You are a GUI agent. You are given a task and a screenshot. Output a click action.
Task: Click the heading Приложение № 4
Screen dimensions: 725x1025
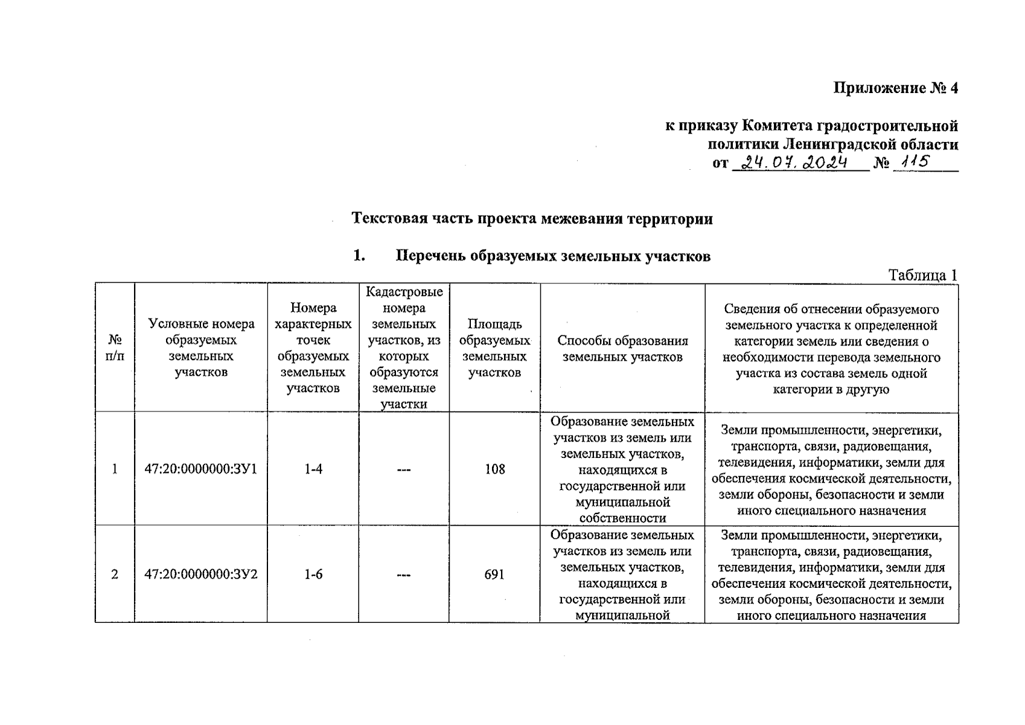click(x=895, y=88)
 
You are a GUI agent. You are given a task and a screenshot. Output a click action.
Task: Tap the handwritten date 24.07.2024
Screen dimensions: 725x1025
click(x=795, y=163)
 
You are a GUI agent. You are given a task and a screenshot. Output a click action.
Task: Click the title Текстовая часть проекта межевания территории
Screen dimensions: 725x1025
click(x=532, y=218)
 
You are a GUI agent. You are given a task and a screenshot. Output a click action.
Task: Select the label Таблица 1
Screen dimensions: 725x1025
click(x=922, y=275)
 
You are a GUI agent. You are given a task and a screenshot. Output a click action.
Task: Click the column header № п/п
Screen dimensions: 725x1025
click(x=115, y=348)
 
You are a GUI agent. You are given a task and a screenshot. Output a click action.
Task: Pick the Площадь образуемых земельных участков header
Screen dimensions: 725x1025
click(x=494, y=348)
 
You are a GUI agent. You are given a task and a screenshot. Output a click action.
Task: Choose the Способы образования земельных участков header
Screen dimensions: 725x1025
click(x=622, y=349)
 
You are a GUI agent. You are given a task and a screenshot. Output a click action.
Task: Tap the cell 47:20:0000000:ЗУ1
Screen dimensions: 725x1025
click(x=201, y=469)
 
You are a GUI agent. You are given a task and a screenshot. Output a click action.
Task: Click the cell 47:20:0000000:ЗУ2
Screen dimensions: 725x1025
click(x=201, y=574)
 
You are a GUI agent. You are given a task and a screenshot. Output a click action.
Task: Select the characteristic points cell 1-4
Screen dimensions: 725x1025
click(x=313, y=469)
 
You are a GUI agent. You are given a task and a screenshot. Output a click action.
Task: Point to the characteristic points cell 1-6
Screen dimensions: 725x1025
click(x=313, y=574)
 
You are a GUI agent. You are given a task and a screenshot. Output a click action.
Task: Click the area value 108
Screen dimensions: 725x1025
click(x=494, y=469)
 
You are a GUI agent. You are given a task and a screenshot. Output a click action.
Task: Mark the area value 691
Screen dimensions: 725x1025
click(x=494, y=574)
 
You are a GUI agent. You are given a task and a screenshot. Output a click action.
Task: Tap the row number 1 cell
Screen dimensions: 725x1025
click(x=115, y=469)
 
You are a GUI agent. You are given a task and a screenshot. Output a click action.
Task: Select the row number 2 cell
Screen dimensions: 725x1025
click(x=115, y=574)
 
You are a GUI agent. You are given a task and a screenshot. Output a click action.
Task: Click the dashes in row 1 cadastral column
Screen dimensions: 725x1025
click(x=404, y=469)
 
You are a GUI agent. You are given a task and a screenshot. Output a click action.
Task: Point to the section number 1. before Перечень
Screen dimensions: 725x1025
click(x=359, y=256)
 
